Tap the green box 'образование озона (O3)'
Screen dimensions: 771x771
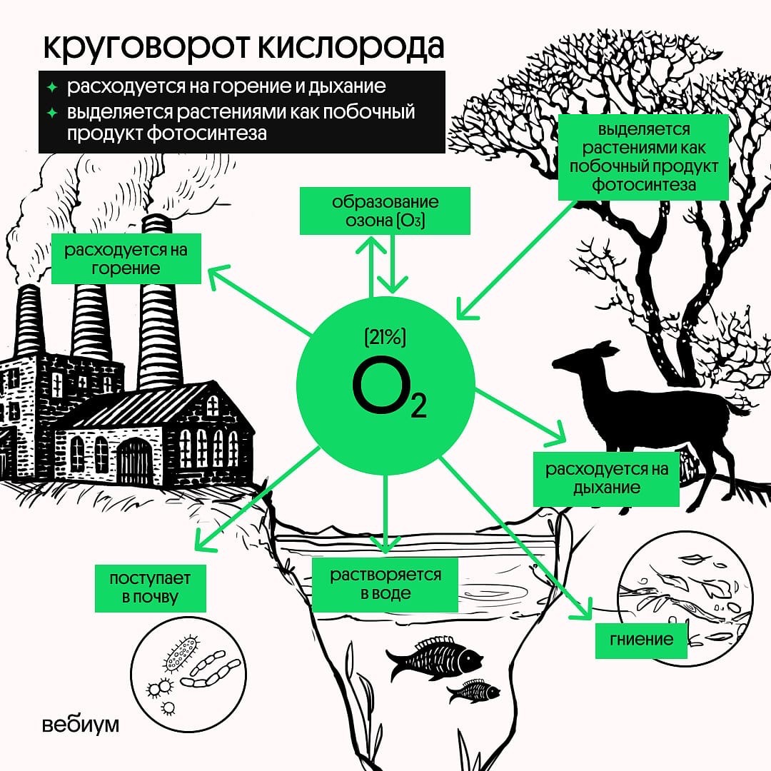click(385, 211)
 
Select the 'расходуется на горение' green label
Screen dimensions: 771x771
click(126, 258)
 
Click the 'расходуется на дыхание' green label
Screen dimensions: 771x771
click(606, 479)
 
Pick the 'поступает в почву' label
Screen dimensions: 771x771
click(150, 588)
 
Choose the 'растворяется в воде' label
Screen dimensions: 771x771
click(385, 584)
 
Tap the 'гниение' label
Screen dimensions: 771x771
click(641, 640)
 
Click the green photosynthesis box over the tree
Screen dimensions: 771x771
click(644, 158)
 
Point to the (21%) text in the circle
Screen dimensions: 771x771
click(385, 338)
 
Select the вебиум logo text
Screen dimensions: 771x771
click(81, 725)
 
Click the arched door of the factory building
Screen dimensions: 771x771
click(134, 460)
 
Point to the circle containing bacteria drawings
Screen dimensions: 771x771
click(188, 675)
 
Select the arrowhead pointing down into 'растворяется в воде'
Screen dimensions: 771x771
click(385, 545)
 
